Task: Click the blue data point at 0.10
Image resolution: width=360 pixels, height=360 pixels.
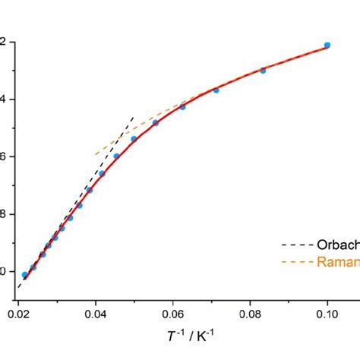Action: [x=327, y=46]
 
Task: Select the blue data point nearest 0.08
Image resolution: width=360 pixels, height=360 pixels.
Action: [x=264, y=70]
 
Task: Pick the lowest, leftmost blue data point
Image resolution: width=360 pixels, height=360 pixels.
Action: [x=25, y=275]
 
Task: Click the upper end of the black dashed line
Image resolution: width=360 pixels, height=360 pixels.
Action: [x=134, y=117]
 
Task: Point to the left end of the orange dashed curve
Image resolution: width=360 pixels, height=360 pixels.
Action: [x=96, y=155]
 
